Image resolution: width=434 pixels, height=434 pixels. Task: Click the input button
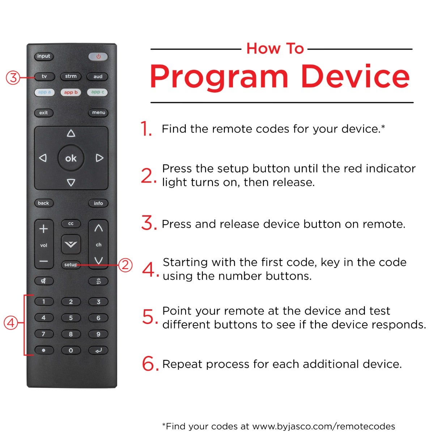tap(44, 56)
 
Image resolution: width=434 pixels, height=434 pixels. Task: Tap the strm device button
tap(71, 76)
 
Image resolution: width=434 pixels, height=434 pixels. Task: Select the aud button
tap(98, 77)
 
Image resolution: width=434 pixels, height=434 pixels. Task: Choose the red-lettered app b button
tap(71, 92)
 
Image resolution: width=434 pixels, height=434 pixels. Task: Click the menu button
tap(98, 112)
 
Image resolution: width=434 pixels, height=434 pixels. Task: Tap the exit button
tap(44, 112)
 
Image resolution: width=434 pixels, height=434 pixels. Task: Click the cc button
tap(71, 224)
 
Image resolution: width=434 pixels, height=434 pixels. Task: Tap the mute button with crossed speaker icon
tap(44, 281)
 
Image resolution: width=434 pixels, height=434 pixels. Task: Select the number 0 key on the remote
tap(71, 350)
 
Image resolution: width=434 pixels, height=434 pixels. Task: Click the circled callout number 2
tap(125, 265)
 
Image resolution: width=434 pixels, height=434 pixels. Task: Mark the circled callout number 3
tap(13, 78)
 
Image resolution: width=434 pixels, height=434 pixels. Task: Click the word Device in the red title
tap(355, 76)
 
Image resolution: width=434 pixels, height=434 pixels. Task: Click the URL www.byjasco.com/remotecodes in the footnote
tap(324, 426)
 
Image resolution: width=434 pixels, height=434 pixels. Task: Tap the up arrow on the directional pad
tap(71, 133)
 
